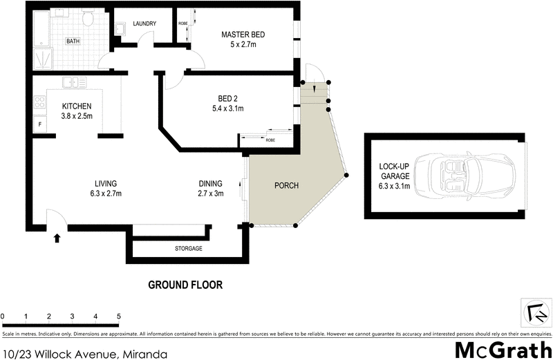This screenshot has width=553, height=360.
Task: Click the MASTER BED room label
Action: (x=243, y=35)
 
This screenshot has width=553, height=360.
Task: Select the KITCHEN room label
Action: (x=77, y=106)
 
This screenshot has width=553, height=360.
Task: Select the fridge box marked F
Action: (x=40, y=125)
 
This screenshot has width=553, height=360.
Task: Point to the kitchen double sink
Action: (x=73, y=83)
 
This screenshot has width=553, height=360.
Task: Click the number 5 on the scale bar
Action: (x=119, y=316)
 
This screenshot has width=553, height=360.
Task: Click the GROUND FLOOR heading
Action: (x=186, y=285)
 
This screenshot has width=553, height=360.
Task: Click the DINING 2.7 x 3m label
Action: (x=211, y=188)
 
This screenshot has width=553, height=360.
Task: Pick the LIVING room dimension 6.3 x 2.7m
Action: (x=105, y=193)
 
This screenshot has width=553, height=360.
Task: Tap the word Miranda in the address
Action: (x=144, y=353)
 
